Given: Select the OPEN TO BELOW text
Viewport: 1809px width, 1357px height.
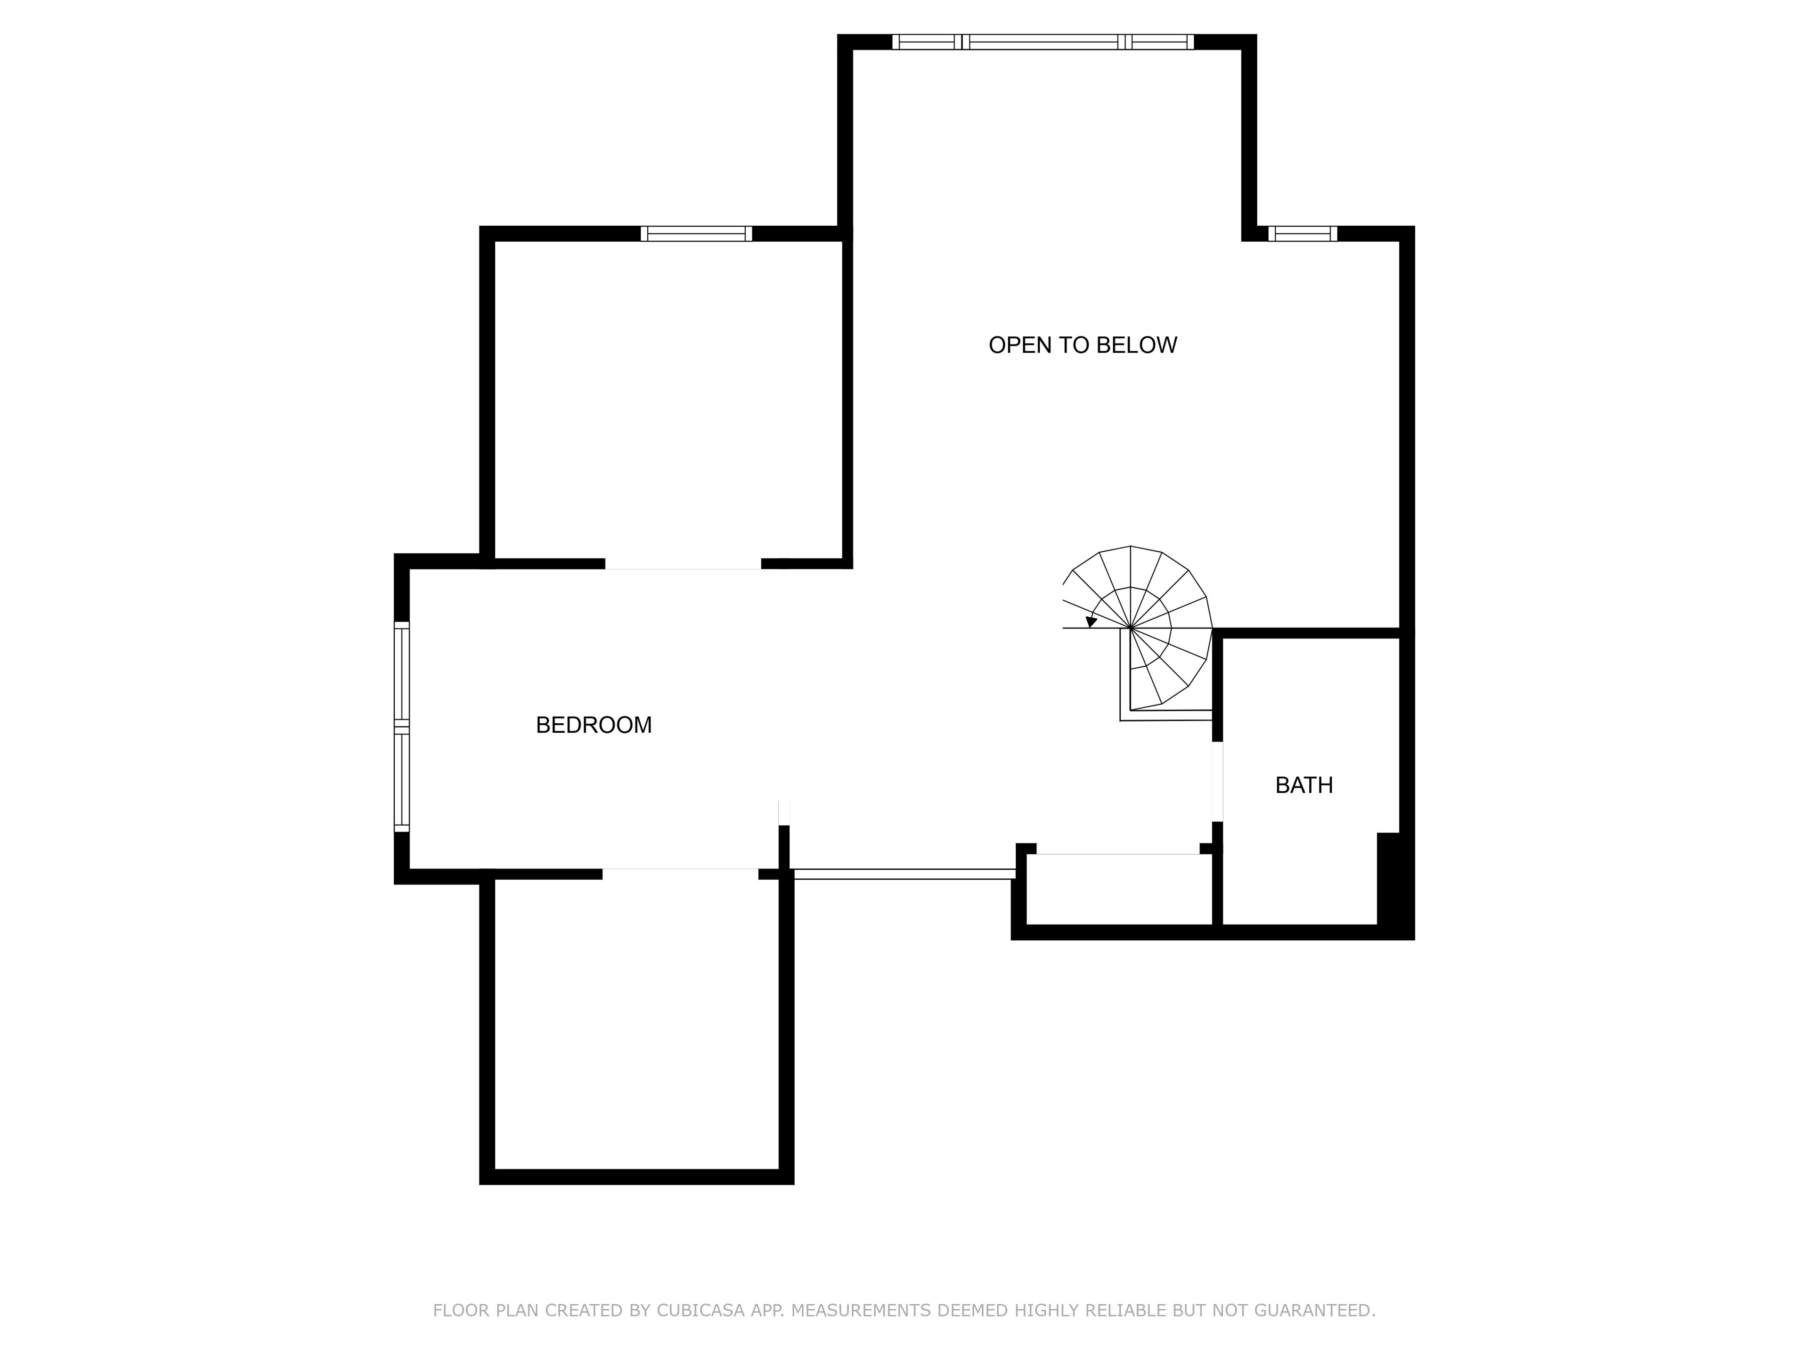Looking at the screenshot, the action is [1083, 345].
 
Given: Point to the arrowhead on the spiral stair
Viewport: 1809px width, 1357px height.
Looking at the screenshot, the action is [1091, 621].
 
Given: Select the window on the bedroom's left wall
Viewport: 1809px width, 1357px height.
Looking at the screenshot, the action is [401, 727].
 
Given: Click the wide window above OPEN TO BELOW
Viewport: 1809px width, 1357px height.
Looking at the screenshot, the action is [1043, 42].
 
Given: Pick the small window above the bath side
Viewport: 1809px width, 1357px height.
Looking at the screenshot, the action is [1303, 234].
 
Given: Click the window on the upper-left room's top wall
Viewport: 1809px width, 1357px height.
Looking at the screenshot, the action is [696, 234].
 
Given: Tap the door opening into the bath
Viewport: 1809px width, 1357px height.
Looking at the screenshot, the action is [1217, 781].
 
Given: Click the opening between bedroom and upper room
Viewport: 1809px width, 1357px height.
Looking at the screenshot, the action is [683, 564].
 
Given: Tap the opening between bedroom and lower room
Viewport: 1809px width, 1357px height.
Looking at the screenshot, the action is [680, 874].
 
